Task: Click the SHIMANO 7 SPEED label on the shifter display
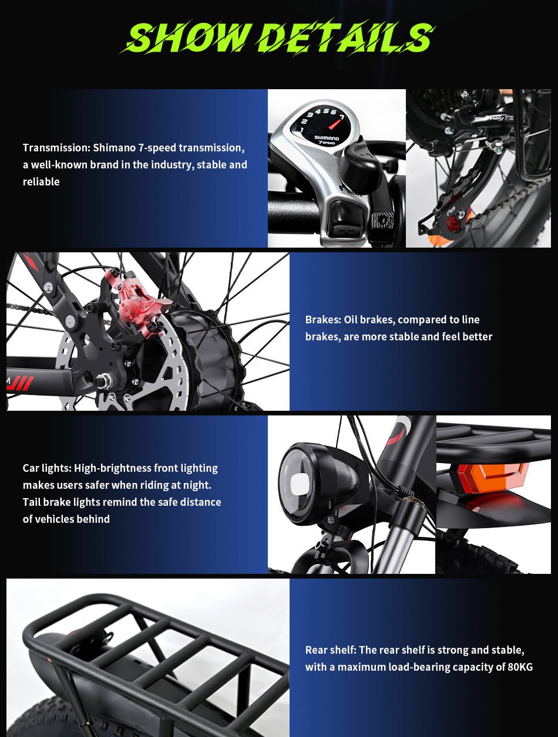pyautogui.click(x=326, y=140)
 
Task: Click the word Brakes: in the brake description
pyautogui.click(x=324, y=320)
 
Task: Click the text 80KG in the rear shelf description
pyautogui.click(x=519, y=667)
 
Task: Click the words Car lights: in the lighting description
pyautogui.click(x=47, y=468)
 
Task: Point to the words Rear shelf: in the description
pyautogui.click(x=331, y=650)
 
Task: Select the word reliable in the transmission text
pyautogui.click(x=41, y=182)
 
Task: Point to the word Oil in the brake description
pyautogui.click(x=350, y=320)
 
